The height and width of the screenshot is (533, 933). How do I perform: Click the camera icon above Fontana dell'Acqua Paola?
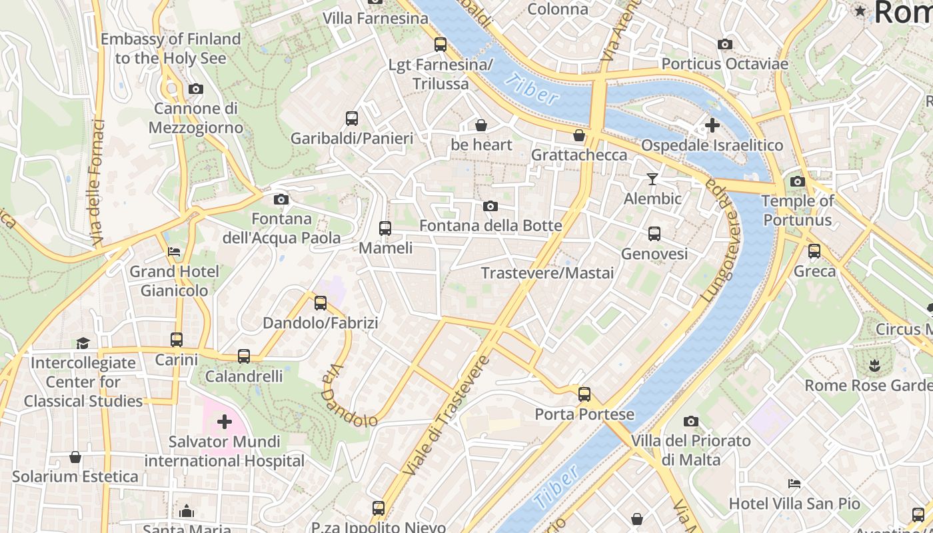point(281,199)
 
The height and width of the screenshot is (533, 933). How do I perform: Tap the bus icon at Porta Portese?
point(584,394)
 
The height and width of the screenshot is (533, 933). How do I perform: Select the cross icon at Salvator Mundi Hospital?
point(225,422)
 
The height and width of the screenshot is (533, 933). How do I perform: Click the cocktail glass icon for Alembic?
point(652,179)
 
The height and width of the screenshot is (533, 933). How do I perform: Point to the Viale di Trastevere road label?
point(447,416)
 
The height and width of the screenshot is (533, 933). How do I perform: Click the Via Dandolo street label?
point(348,398)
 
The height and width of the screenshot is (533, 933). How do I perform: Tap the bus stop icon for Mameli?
point(385,229)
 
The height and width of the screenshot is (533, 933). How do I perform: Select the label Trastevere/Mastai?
point(547,273)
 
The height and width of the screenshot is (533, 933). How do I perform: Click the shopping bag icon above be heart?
point(481,125)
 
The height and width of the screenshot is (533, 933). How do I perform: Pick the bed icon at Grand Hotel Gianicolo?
point(174,252)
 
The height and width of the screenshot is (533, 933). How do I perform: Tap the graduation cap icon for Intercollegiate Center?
point(83,343)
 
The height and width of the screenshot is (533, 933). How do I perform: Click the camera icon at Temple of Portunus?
point(797,181)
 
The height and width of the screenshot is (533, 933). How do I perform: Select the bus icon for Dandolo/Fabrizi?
point(321,303)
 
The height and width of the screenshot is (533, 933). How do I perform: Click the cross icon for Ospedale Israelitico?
point(712,125)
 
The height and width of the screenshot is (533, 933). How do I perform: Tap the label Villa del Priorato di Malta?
point(690,450)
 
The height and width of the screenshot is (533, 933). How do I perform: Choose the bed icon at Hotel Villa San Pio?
point(794,484)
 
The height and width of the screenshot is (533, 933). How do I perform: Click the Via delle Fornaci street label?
point(97,181)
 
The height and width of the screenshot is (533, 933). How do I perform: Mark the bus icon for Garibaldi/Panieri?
point(352,119)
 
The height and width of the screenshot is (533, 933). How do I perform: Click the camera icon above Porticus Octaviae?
point(725,45)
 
